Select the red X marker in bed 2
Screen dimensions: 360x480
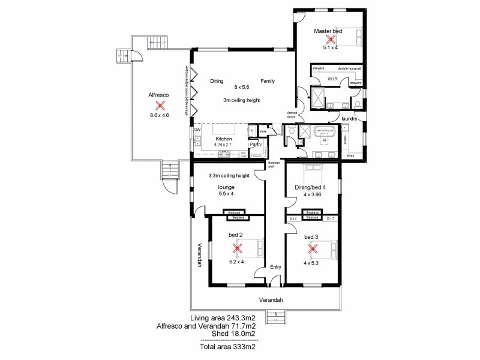(x=238, y=247)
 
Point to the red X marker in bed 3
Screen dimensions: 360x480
(x=311, y=247)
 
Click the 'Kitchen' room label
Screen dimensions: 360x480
(x=223, y=139)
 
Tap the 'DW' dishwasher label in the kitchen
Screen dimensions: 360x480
(x=197, y=129)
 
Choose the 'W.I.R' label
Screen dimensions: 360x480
(x=332, y=79)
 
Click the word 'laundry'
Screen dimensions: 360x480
(x=349, y=119)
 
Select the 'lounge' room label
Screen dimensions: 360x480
(x=226, y=187)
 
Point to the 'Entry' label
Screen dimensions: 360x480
(x=275, y=267)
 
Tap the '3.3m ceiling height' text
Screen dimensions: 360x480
(x=228, y=176)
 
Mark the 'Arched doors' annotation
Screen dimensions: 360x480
(x=292, y=115)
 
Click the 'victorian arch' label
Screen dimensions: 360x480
(x=274, y=165)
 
